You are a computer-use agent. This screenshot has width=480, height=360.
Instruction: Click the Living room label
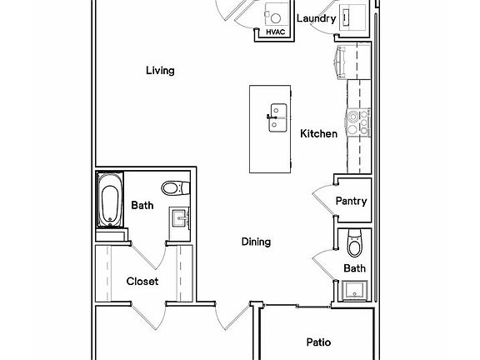[x=160, y=71]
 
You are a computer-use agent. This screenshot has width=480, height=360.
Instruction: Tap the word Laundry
[x=316, y=18]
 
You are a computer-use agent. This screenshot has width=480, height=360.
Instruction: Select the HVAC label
[x=275, y=32]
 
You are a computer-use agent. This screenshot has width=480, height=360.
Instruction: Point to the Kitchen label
[x=318, y=133]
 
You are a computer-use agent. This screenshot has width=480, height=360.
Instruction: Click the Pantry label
[x=351, y=201]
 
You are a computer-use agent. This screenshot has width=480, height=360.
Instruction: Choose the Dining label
[x=256, y=242]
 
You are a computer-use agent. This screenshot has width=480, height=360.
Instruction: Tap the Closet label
[x=142, y=282]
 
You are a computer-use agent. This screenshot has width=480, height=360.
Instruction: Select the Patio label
[x=318, y=342]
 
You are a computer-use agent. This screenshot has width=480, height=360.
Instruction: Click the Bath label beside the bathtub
[x=142, y=205]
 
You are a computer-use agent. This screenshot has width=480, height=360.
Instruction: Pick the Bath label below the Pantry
[x=355, y=268]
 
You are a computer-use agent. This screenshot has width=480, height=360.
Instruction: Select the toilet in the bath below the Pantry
[x=355, y=243]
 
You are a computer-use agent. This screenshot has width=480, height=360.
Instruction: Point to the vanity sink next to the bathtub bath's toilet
[x=180, y=218]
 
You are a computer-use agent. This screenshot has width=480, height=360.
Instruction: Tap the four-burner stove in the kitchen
[x=360, y=123]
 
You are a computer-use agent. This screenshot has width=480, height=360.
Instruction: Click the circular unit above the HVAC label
[x=274, y=14]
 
